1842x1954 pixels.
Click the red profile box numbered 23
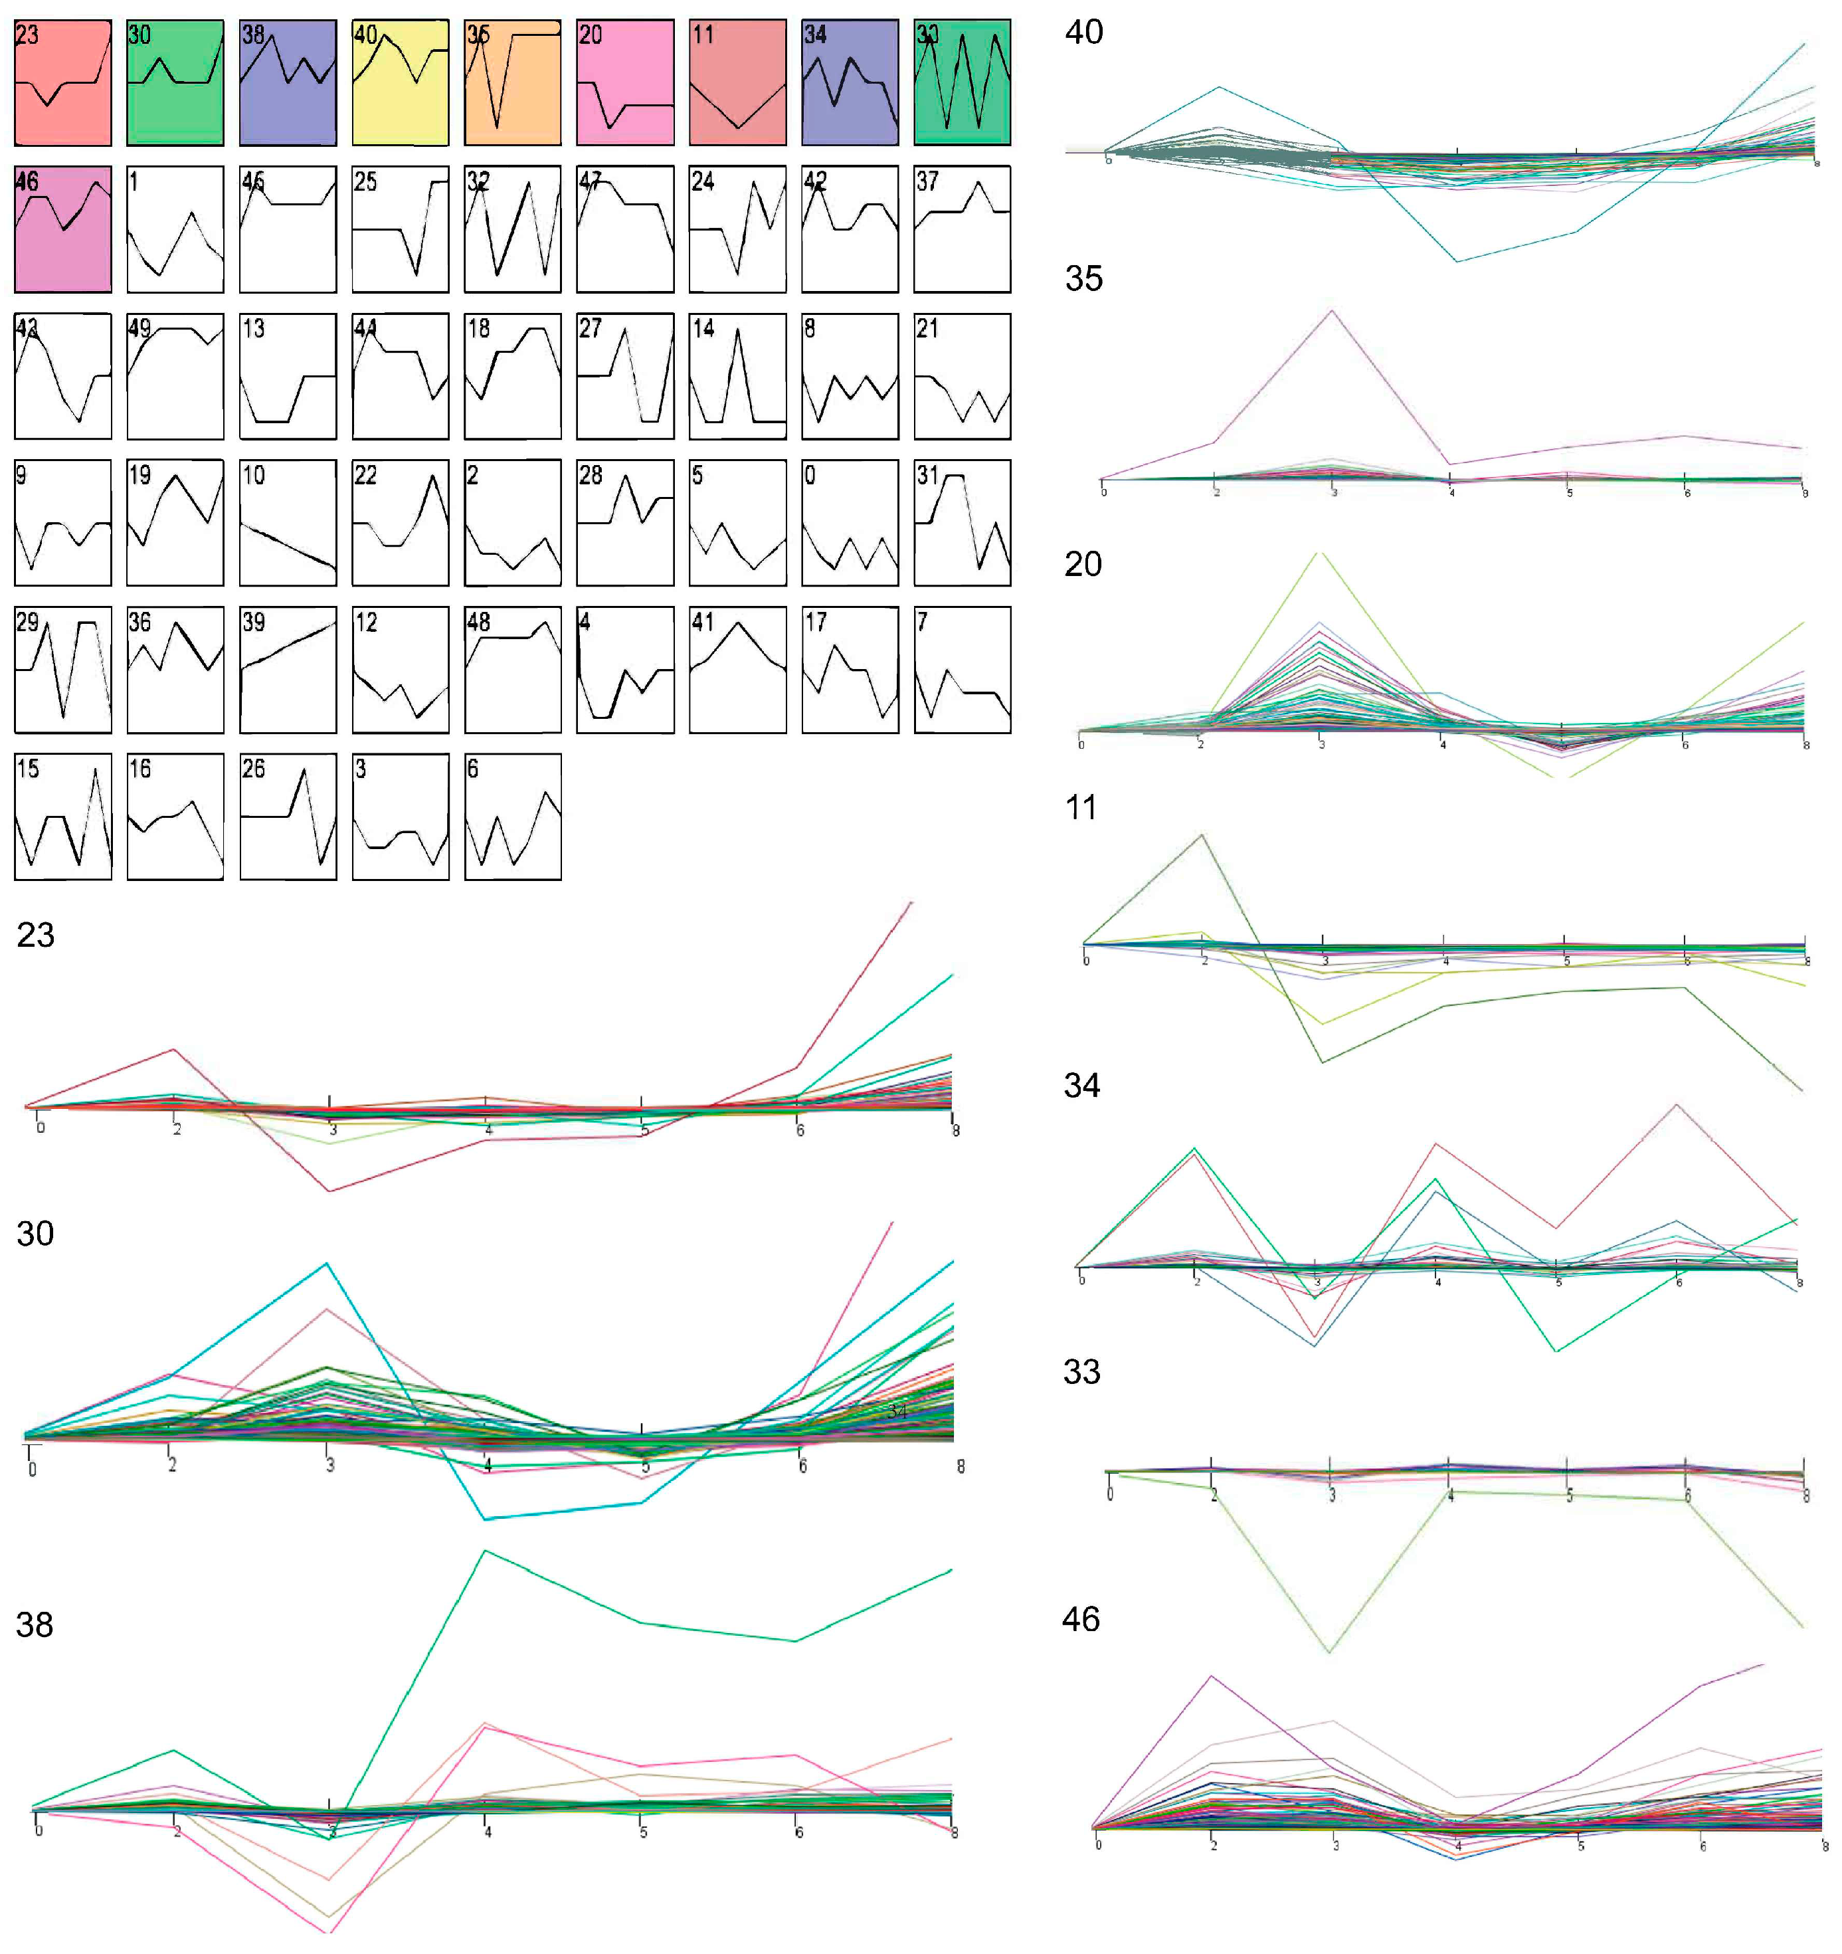tap(63, 82)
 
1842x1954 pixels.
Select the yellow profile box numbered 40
tap(400, 82)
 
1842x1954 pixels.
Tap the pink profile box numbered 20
tap(625, 82)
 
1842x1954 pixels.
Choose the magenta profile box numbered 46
tap(63, 229)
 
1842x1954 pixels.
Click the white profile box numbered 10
tap(287, 523)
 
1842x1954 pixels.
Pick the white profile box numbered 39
tap(287, 669)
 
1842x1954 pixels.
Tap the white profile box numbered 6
tap(512, 816)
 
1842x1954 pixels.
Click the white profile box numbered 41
tap(737, 669)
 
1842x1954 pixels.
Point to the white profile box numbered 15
tap(63, 816)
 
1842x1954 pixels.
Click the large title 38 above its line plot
tap(35, 1624)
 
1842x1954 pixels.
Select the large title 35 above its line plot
tap(1083, 278)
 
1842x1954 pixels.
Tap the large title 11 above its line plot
tap(1080, 807)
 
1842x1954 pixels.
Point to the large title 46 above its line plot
tap(1080, 1619)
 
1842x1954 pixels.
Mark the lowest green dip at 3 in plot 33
tap(1330, 1651)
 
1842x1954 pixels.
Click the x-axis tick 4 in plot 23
tap(488, 1130)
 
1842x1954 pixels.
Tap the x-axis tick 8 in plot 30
tap(961, 1466)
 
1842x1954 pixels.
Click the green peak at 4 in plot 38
tap(485, 1551)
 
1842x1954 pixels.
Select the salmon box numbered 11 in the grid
tap(737, 82)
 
